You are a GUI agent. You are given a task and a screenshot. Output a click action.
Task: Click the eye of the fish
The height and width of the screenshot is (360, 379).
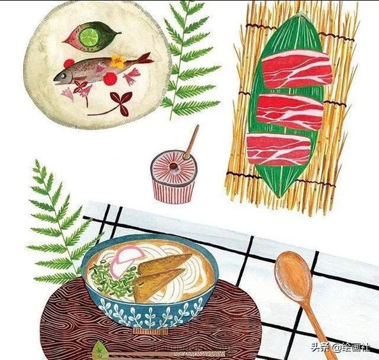click(63, 76)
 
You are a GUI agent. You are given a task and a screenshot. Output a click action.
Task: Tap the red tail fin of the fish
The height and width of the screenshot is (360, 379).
click(146, 59)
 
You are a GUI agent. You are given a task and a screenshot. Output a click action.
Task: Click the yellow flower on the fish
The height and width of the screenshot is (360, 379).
click(118, 61)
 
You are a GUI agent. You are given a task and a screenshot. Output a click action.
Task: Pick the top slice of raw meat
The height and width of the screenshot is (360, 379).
click(297, 69)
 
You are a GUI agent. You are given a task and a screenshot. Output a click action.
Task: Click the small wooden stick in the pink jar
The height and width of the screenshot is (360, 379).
click(192, 142)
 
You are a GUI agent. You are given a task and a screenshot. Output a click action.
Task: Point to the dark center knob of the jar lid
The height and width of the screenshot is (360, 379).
click(173, 166)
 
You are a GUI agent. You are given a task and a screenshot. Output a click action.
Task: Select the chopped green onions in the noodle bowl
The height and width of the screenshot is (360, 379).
click(112, 280)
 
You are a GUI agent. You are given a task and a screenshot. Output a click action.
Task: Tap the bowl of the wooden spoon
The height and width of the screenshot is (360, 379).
click(293, 275)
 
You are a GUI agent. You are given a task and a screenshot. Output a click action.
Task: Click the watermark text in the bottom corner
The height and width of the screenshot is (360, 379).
click(340, 348)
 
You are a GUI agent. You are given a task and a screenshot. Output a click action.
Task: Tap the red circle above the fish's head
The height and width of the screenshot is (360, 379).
click(69, 63)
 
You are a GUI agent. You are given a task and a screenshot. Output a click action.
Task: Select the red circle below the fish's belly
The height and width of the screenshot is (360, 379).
click(111, 79)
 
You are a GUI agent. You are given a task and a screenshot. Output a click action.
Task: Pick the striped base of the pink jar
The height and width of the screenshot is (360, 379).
click(174, 191)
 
